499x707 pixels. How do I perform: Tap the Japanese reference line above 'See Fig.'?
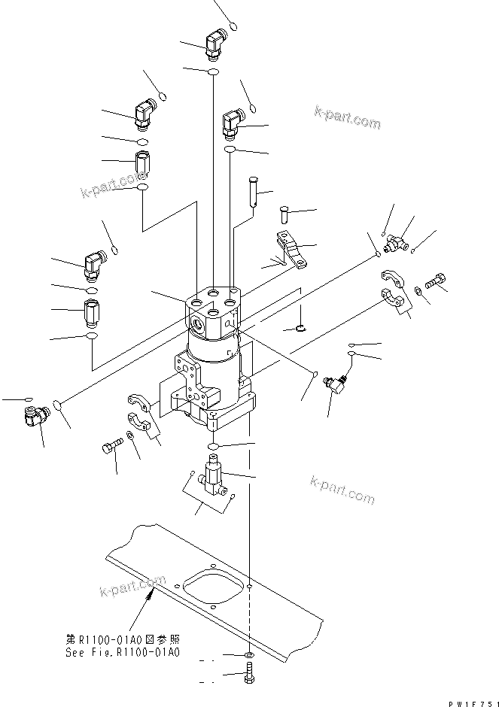click(123, 639)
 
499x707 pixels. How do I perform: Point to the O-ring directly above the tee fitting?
click(214, 447)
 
